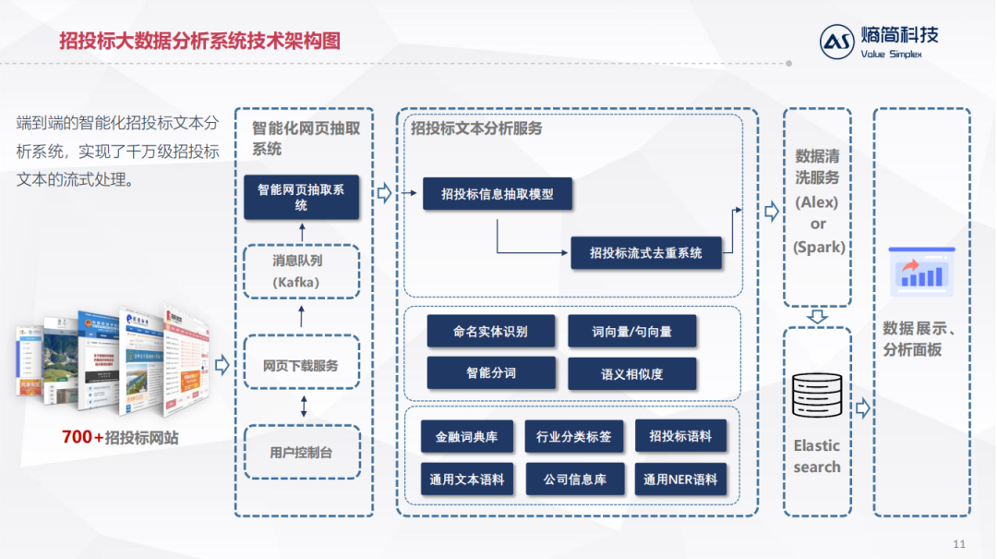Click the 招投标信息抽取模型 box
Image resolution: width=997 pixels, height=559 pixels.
(498, 194)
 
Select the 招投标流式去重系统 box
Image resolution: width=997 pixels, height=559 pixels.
(645, 252)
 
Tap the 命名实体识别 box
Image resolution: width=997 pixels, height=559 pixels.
(490, 332)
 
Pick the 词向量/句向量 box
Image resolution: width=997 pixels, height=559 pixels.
(631, 332)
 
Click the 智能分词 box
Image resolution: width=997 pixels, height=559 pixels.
(490, 373)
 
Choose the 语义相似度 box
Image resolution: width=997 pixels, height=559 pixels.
(631, 374)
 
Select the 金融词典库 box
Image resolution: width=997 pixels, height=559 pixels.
(467, 437)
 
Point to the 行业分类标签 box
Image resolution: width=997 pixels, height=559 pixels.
(573, 437)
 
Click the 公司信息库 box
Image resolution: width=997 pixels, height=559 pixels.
(573, 480)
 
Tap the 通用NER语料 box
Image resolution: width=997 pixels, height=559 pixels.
(680, 480)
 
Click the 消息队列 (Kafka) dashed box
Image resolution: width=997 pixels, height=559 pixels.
(301, 272)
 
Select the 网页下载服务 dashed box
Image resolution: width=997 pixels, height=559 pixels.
(301, 366)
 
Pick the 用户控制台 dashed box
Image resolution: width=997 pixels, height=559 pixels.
(301, 453)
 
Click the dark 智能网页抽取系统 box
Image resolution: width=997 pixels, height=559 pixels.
(301, 197)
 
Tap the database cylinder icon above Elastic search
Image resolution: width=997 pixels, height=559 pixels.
(817, 395)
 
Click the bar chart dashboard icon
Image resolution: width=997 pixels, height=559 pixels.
(920, 270)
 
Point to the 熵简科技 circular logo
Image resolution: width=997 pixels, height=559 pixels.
(837, 42)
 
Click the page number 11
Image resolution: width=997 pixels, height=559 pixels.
(958, 543)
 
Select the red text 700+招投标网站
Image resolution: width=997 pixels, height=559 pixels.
(120, 437)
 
